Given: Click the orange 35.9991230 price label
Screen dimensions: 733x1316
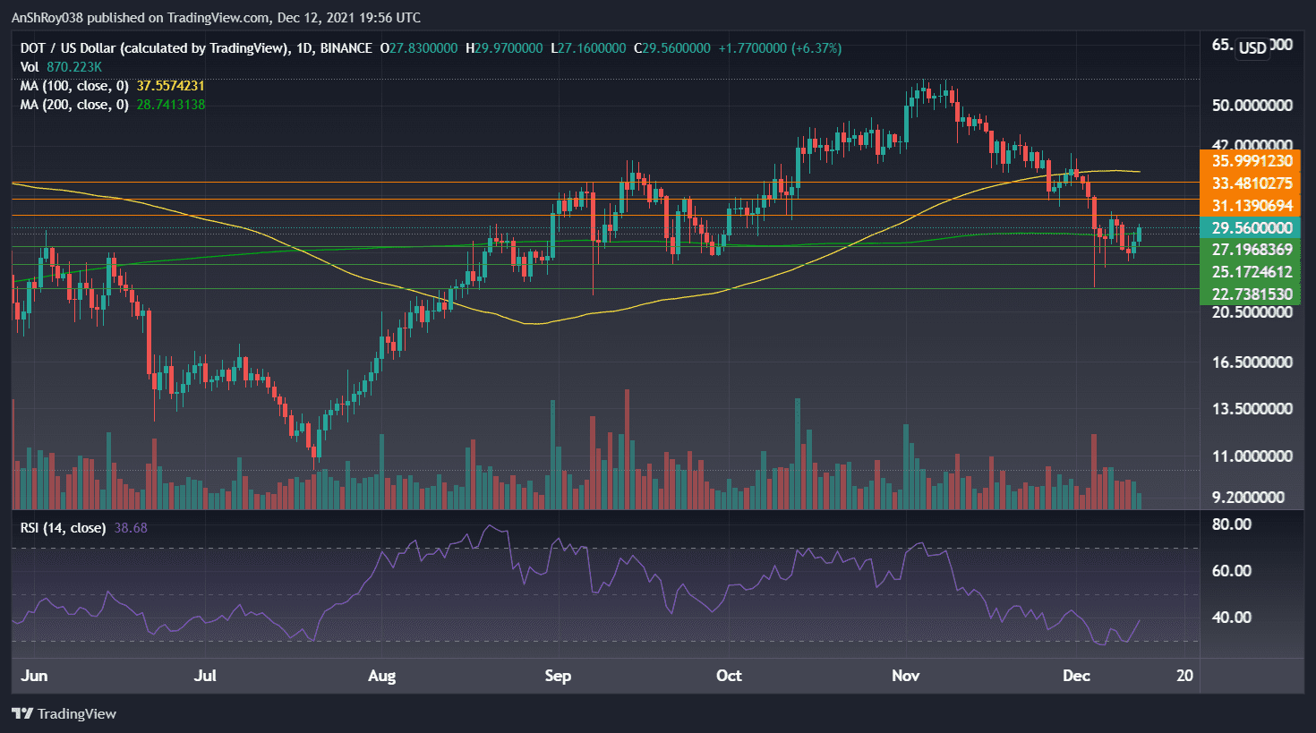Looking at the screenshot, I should point(1251,161).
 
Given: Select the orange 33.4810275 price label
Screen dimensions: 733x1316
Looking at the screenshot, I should point(1251,183).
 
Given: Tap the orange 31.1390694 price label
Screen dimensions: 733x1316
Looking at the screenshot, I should point(1251,206).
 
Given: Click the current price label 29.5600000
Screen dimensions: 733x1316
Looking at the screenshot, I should point(1251,228).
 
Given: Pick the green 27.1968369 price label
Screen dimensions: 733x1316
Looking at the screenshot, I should point(1251,250).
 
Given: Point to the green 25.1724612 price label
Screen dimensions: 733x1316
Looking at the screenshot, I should point(1251,272).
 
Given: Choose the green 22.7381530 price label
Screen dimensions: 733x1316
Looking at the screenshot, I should point(1251,294).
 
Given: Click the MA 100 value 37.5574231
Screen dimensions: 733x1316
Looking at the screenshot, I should point(170,86).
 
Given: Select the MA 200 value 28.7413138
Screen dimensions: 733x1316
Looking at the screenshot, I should point(170,105).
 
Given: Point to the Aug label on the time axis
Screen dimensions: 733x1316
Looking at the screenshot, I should point(381,676).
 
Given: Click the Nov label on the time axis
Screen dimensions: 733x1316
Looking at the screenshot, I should point(905,676).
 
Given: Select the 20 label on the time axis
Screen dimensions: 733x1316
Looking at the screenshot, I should point(1184,676).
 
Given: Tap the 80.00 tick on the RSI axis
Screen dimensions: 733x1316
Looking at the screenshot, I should point(1231,524).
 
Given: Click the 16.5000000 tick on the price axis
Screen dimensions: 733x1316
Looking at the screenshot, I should point(1252,362).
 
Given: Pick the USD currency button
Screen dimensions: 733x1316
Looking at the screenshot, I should point(1252,47).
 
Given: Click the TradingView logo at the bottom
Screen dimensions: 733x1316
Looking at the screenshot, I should point(64,714).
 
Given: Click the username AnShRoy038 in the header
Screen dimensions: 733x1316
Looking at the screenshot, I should point(46,18).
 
